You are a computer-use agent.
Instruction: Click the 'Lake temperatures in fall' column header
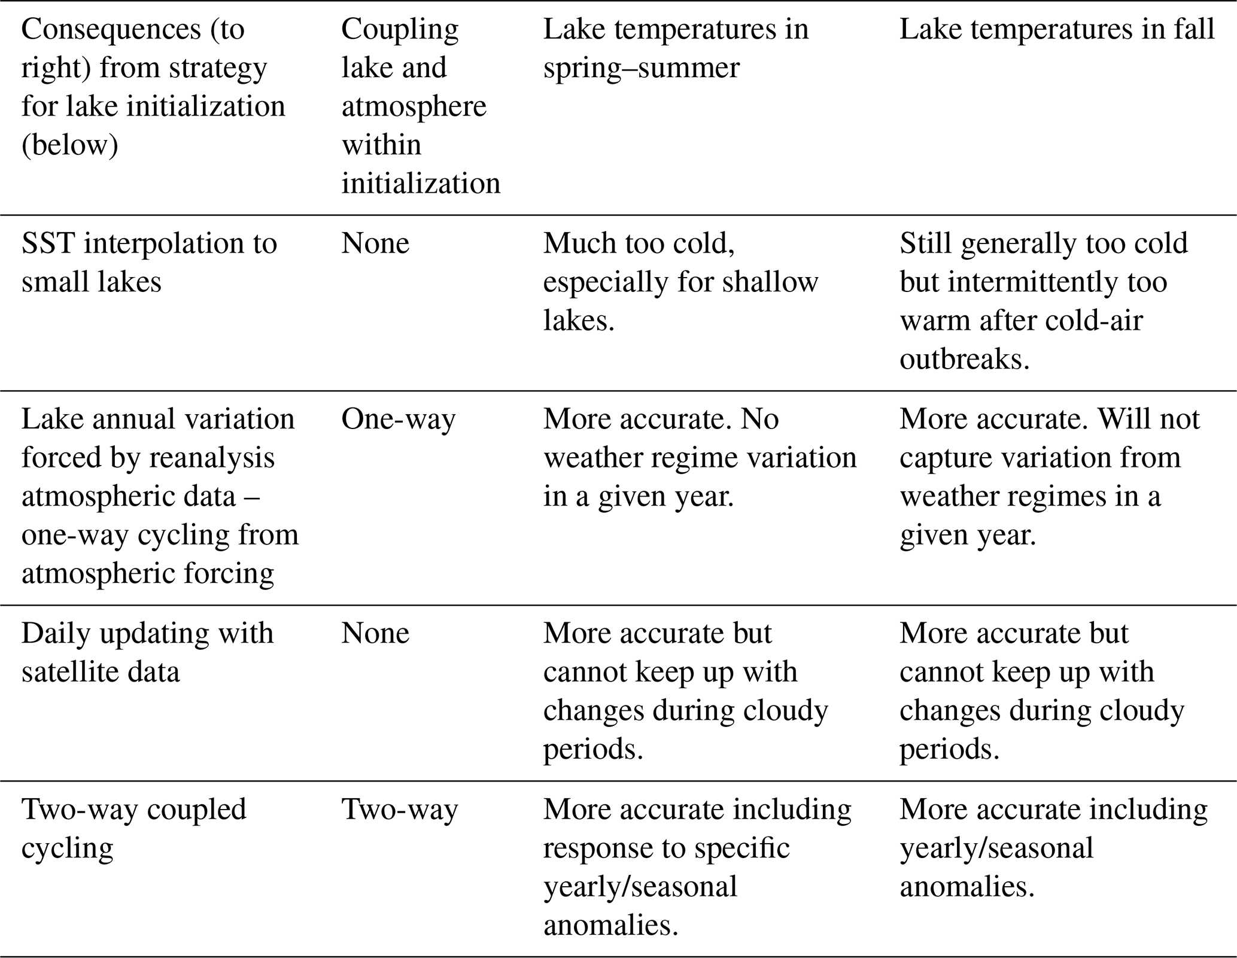[1056, 30]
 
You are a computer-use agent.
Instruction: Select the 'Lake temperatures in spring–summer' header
[675, 48]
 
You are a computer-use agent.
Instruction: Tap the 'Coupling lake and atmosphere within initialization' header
[420, 106]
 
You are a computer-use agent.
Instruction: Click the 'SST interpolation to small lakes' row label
[149, 262]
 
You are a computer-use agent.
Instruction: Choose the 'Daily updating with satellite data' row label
[147, 652]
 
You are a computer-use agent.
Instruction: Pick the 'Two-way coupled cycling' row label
[133, 828]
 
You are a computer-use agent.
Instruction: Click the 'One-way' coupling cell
[398, 419]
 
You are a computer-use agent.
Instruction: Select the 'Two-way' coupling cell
[399, 810]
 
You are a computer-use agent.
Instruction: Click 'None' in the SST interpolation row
[375, 244]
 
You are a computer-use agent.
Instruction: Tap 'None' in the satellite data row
[375, 634]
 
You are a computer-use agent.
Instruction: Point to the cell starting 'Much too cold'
[680, 282]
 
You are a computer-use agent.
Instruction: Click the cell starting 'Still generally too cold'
[1043, 301]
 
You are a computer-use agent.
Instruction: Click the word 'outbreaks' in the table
[964, 359]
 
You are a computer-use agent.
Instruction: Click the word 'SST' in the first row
[47, 244]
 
